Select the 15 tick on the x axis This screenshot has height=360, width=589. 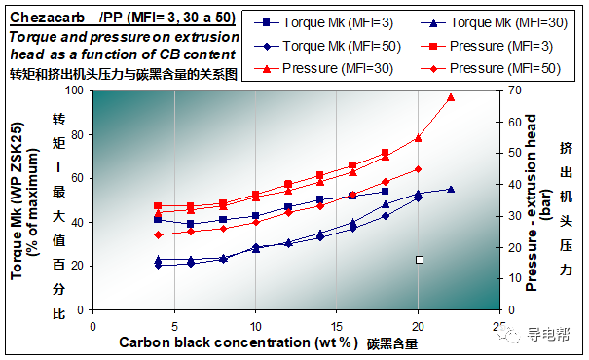coord(336,327)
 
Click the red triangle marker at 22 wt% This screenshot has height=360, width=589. coord(450,97)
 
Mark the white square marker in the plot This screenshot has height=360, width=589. coord(420,260)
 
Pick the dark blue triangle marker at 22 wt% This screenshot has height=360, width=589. coord(450,189)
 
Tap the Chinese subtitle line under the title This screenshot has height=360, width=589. coord(124,73)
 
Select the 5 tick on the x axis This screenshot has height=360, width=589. coord(173,327)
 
